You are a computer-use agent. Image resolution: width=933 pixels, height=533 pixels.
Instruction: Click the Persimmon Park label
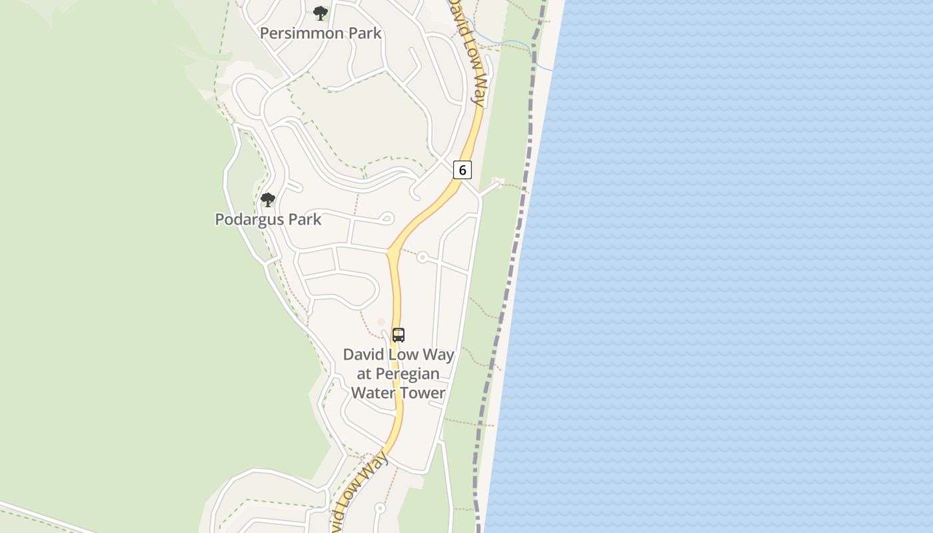tap(321, 33)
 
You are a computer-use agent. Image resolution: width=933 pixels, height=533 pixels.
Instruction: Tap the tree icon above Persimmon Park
tap(321, 13)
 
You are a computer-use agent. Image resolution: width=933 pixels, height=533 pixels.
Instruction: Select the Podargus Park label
tap(268, 219)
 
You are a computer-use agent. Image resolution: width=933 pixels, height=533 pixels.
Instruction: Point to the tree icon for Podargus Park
tap(268, 199)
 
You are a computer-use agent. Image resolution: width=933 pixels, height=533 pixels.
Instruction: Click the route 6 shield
tap(463, 170)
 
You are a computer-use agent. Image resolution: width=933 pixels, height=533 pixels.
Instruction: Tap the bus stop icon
tap(399, 335)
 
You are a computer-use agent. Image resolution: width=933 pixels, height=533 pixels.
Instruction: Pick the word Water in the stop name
tap(373, 392)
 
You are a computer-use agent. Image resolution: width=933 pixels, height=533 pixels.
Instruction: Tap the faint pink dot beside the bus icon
tap(381, 322)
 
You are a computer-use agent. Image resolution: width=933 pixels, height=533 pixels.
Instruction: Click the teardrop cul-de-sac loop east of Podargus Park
tap(387, 219)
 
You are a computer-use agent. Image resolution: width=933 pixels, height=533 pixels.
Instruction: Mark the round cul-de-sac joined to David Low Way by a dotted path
tap(422, 257)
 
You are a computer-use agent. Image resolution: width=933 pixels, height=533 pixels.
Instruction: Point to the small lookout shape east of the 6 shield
tap(497, 182)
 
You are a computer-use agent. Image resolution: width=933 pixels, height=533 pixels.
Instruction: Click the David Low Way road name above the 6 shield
tap(468, 53)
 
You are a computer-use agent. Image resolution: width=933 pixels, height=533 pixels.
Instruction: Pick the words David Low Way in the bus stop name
tap(399, 354)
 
